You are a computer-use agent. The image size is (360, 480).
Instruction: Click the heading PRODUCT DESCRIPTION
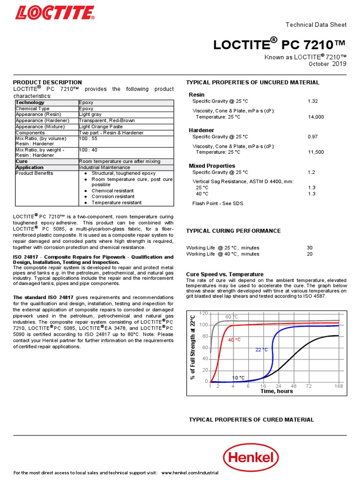click(x=47, y=82)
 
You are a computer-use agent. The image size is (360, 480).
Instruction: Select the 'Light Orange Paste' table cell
click(x=101, y=127)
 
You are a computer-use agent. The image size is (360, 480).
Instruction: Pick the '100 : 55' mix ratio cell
click(x=88, y=139)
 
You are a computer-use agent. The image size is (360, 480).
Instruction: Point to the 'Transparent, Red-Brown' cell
click(x=106, y=120)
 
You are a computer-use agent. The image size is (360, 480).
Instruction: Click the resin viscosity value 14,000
click(x=315, y=117)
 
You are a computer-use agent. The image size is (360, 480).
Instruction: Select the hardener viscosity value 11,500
click(x=315, y=152)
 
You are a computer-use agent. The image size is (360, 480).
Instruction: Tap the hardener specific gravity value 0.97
click(x=312, y=136)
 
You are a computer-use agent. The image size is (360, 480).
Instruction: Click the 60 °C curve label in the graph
click(x=232, y=317)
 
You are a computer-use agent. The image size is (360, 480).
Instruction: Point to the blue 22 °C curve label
click(x=262, y=350)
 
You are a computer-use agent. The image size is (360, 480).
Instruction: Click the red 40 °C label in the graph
click(x=234, y=339)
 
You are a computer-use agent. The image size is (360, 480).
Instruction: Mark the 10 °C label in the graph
click(x=239, y=377)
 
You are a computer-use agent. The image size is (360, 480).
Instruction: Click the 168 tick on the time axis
click(x=339, y=386)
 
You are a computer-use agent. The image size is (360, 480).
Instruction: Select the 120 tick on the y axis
click(x=203, y=313)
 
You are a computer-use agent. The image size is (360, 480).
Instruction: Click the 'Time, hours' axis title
click(x=277, y=391)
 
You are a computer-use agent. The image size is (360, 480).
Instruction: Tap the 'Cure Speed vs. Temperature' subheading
click(x=225, y=274)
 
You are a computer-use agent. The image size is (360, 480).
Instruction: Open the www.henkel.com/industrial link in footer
click(x=190, y=472)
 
